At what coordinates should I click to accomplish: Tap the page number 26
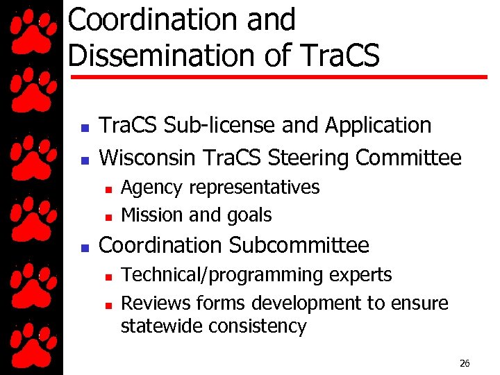(465, 363)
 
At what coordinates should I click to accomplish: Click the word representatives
(253, 187)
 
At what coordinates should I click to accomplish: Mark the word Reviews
(156, 303)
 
